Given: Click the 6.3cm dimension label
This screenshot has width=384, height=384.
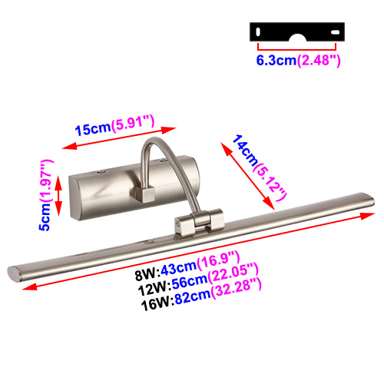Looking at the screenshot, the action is [x=276, y=61].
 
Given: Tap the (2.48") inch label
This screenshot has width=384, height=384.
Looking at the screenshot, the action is [x=319, y=61].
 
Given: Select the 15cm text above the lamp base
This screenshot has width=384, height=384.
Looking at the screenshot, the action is [x=93, y=129].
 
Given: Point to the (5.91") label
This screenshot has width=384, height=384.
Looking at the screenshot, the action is [x=133, y=123].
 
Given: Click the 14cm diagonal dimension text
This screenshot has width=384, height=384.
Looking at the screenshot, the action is [x=245, y=151].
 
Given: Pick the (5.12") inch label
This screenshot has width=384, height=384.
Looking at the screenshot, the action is [x=270, y=182].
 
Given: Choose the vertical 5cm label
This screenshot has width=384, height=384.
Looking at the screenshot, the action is [x=45, y=217].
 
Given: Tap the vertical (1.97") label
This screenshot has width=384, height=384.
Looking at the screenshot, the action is [x=46, y=181].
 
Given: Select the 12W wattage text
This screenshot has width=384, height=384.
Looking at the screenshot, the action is [x=154, y=289].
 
